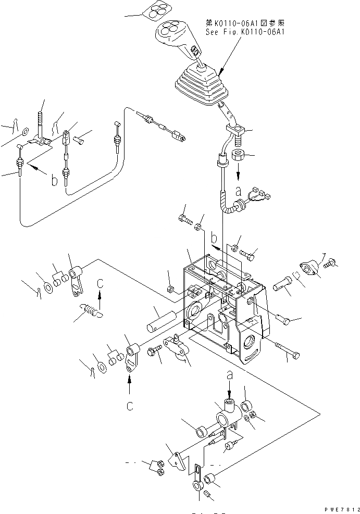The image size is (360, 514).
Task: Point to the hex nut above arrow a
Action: click(241, 155)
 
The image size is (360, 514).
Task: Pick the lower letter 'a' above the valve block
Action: click(230, 373)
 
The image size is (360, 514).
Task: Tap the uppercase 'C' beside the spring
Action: click(101, 283)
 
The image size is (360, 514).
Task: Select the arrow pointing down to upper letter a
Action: click(239, 170)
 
